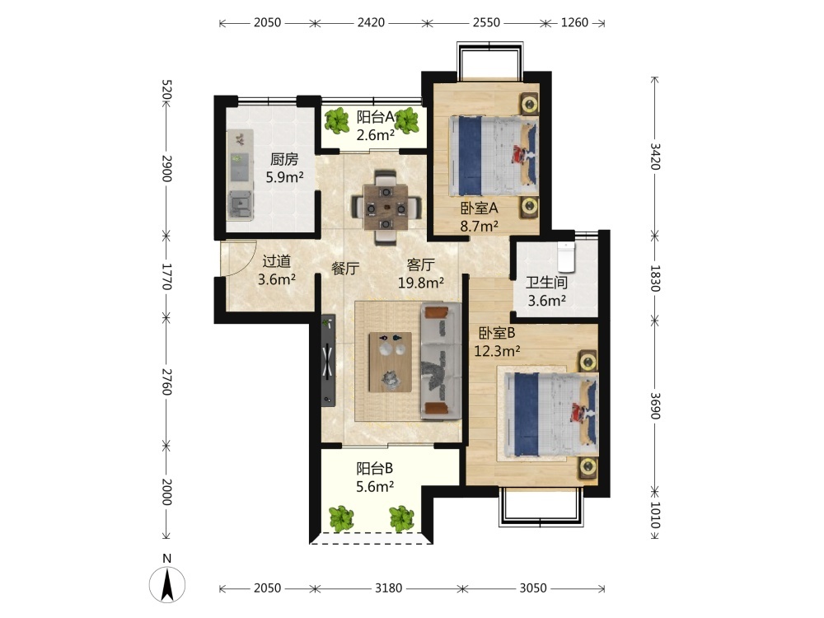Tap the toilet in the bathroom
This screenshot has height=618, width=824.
(565, 257)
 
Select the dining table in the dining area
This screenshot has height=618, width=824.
(386, 208)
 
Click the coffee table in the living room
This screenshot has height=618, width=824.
(390, 362)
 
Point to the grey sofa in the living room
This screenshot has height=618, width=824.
(440, 361)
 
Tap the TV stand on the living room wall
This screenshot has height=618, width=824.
(329, 361)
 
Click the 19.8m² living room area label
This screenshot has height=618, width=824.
(421, 283)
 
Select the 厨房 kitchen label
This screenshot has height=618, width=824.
(284, 159)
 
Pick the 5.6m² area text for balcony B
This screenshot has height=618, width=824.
(375, 487)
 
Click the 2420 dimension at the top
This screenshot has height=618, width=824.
(371, 22)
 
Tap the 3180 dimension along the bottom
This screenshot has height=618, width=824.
(388, 588)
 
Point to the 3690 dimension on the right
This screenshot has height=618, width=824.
(655, 406)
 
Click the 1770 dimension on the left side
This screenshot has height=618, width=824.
(166, 276)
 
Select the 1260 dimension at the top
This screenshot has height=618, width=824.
(574, 22)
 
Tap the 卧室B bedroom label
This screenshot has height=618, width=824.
(497, 333)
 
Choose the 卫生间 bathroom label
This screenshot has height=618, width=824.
(546, 283)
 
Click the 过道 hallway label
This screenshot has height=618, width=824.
(276, 261)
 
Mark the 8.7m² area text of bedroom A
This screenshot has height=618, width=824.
(480, 227)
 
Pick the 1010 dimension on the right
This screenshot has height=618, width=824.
(655, 515)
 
